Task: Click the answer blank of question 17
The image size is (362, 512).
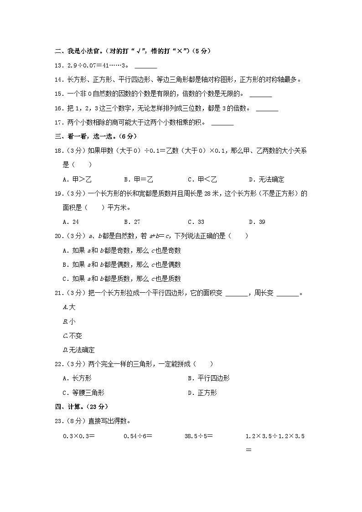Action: [222, 123]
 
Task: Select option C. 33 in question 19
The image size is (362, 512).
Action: [196, 222]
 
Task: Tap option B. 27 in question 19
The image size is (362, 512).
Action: [132, 222]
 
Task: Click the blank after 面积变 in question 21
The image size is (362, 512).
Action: [236, 294]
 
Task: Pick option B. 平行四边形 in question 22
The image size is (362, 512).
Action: [208, 378]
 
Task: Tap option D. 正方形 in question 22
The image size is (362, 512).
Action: [202, 393]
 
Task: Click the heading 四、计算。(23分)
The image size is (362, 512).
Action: [81, 406]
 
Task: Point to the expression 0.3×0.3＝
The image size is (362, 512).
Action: [78, 436]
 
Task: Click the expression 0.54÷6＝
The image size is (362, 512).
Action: [138, 436]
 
